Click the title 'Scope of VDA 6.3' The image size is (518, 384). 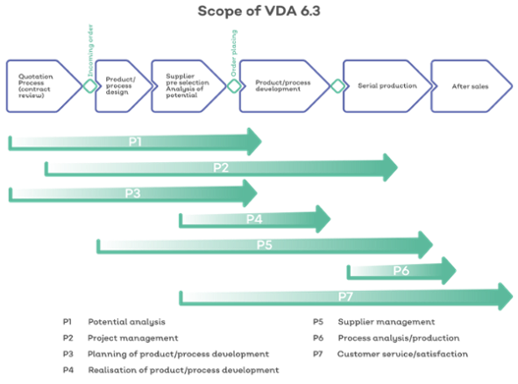[x=259, y=11]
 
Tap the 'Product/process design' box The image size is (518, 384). [x=120, y=86]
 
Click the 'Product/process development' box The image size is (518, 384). [x=282, y=86]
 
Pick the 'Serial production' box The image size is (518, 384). [x=384, y=86]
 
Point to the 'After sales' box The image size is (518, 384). [x=468, y=86]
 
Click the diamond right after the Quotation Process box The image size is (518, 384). [x=89, y=86]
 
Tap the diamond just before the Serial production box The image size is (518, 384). [x=336, y=86]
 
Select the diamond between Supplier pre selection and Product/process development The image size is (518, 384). [x=233, y=86]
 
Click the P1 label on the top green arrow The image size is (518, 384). [x=135, y=141]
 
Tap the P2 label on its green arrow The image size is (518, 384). [x=221, y=167]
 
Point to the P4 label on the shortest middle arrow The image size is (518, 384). [x=254, y=219]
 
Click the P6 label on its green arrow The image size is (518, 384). [x=401, y=271]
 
